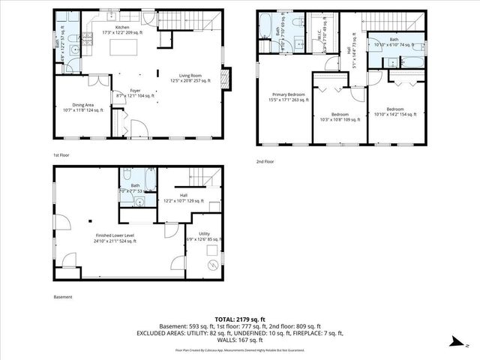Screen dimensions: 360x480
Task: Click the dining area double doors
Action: (x=98, y=77)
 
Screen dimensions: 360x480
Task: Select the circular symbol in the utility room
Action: (x=212, y=263)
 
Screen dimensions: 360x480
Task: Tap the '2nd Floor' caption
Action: (x=265, y=160)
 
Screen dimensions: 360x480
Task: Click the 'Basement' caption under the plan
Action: (x=63, y=297)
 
